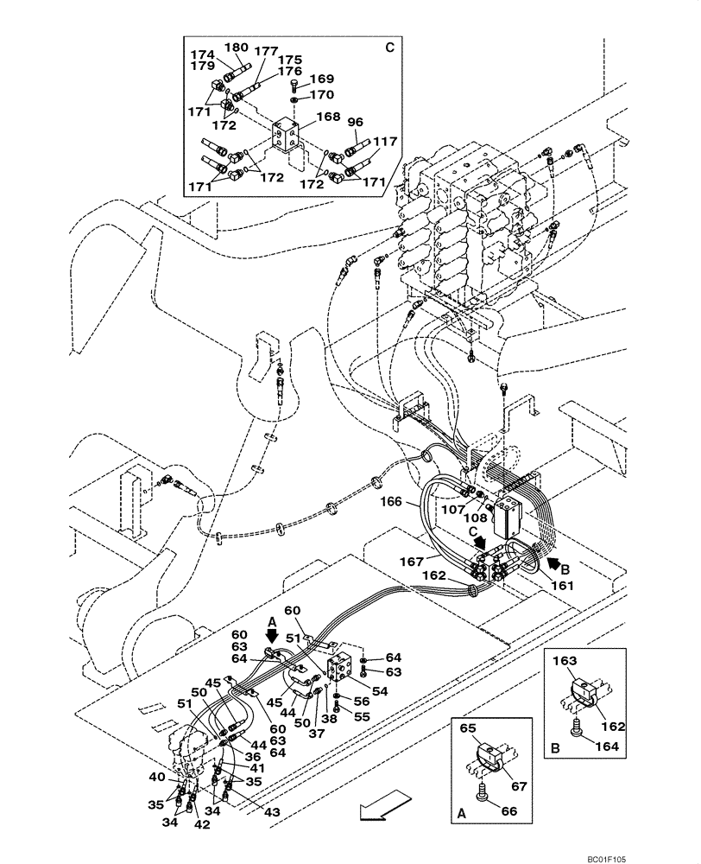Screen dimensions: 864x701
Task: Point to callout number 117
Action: [x=384, y=141]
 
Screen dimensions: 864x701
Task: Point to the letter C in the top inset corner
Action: [x=389, y=47]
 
